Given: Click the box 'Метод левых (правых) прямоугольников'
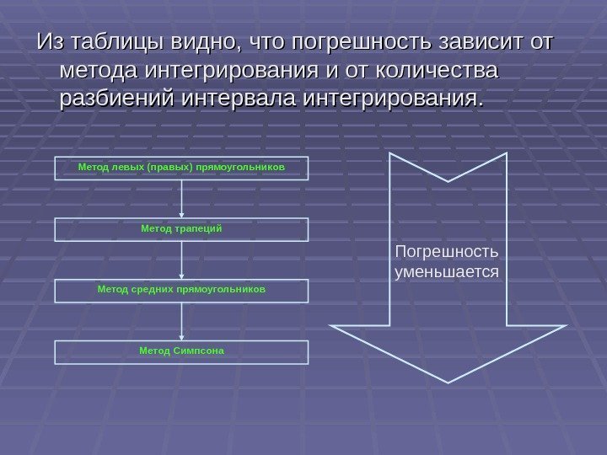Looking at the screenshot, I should (182, 168).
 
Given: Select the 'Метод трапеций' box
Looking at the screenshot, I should (182, 229).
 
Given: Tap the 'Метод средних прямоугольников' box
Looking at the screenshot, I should (182, 291).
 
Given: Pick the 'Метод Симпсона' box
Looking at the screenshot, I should (182, 351).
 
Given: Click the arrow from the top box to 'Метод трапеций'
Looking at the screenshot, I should (182, 199).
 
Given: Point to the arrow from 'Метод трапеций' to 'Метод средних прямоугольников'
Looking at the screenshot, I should (182, 260).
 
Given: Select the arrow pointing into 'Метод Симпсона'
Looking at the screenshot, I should (182, 321).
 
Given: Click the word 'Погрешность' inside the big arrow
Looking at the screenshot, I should (446, 252).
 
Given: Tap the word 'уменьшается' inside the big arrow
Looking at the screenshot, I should (446, 272).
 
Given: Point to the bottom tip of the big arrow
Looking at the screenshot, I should (447, 380).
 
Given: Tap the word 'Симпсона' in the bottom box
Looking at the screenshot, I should (199, 351).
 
